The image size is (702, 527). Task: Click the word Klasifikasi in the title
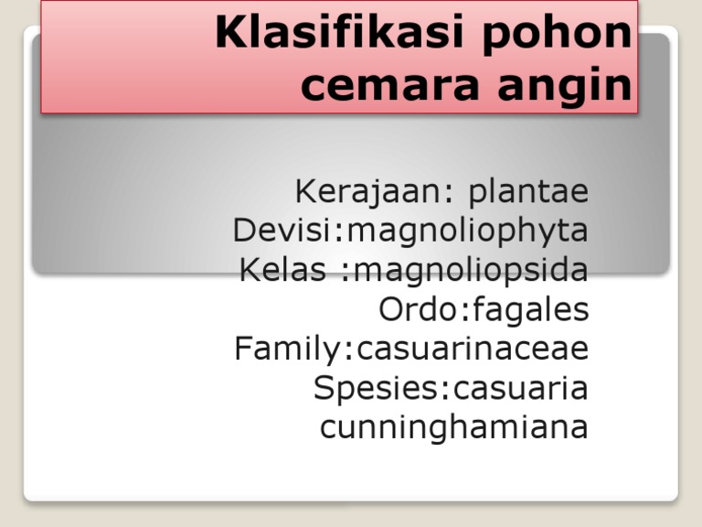click(x=339, y=32)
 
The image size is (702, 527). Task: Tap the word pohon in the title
click(x=557, y=32)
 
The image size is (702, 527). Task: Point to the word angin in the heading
click(x=565, y=84)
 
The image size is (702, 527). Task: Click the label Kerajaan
click(x=368, y=192)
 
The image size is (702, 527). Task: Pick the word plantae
click(x=528, y=192)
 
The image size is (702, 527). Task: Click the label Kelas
click(x=282, y=270)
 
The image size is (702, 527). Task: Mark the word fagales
click(x=530, y=310)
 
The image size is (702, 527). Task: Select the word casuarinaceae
click(x=473, y=350)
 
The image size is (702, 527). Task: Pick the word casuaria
click(x=521, y=389)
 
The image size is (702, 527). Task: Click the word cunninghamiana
click(x=454, y=428)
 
